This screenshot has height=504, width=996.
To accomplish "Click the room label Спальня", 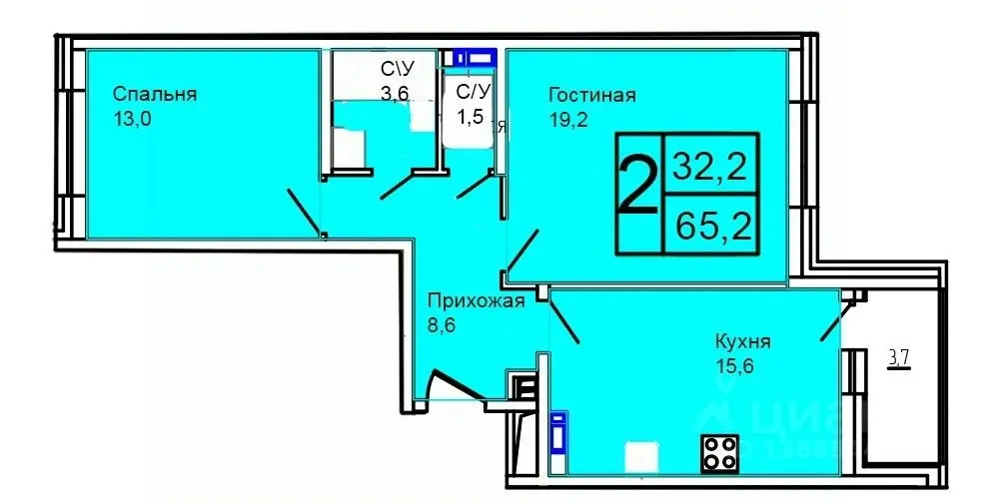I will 155,95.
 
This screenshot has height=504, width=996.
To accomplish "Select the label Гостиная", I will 591,96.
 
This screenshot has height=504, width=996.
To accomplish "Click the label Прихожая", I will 476,302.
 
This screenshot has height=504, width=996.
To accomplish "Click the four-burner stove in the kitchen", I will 720,454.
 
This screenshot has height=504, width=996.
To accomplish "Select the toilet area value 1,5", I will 470,117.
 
